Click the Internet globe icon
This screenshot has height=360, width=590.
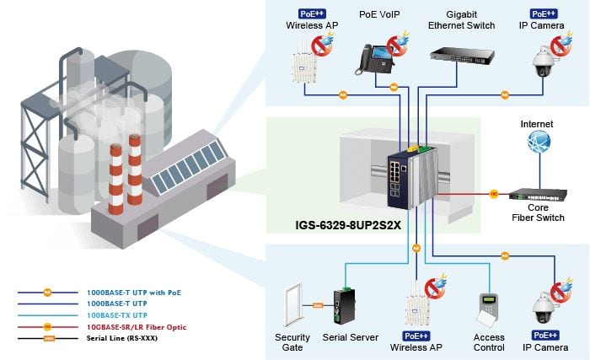coord(539,142)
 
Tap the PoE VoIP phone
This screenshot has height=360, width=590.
coord(374,60)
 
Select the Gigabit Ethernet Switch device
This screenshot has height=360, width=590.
coord(462,56)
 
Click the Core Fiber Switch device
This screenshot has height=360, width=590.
coord(538,195)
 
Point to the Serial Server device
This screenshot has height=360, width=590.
coord(344,306)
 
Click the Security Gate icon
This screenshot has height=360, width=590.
coord(294,305)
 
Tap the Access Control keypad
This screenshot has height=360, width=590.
coord(488,309)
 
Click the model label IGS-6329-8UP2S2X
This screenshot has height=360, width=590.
coord(348,225)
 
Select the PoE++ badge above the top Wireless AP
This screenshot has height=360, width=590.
coord(312,14)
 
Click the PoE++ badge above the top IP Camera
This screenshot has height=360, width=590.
coord(544,14)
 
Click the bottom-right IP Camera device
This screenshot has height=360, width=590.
coord(544,308)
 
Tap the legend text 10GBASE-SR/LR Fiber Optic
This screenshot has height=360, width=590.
coord(137,327)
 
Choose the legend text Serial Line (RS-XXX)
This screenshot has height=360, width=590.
coord(122,338)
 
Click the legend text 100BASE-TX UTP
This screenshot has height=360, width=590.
coord(117,315)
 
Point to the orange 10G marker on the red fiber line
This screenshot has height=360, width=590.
coord(494,194)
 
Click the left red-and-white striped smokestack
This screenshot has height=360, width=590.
coord(115,179)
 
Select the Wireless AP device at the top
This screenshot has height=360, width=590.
coord(303,62)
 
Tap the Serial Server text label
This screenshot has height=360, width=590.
coord(351,337)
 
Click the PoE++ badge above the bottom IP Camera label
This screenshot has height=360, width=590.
coord(545,336)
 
